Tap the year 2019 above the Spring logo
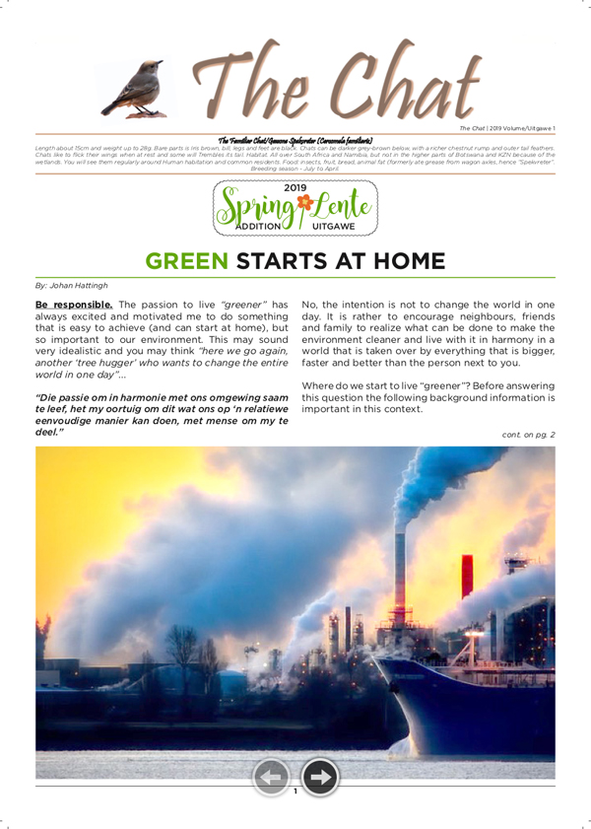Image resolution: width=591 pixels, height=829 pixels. [295, 186]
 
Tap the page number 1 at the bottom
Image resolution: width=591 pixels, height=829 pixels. [295, 792]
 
